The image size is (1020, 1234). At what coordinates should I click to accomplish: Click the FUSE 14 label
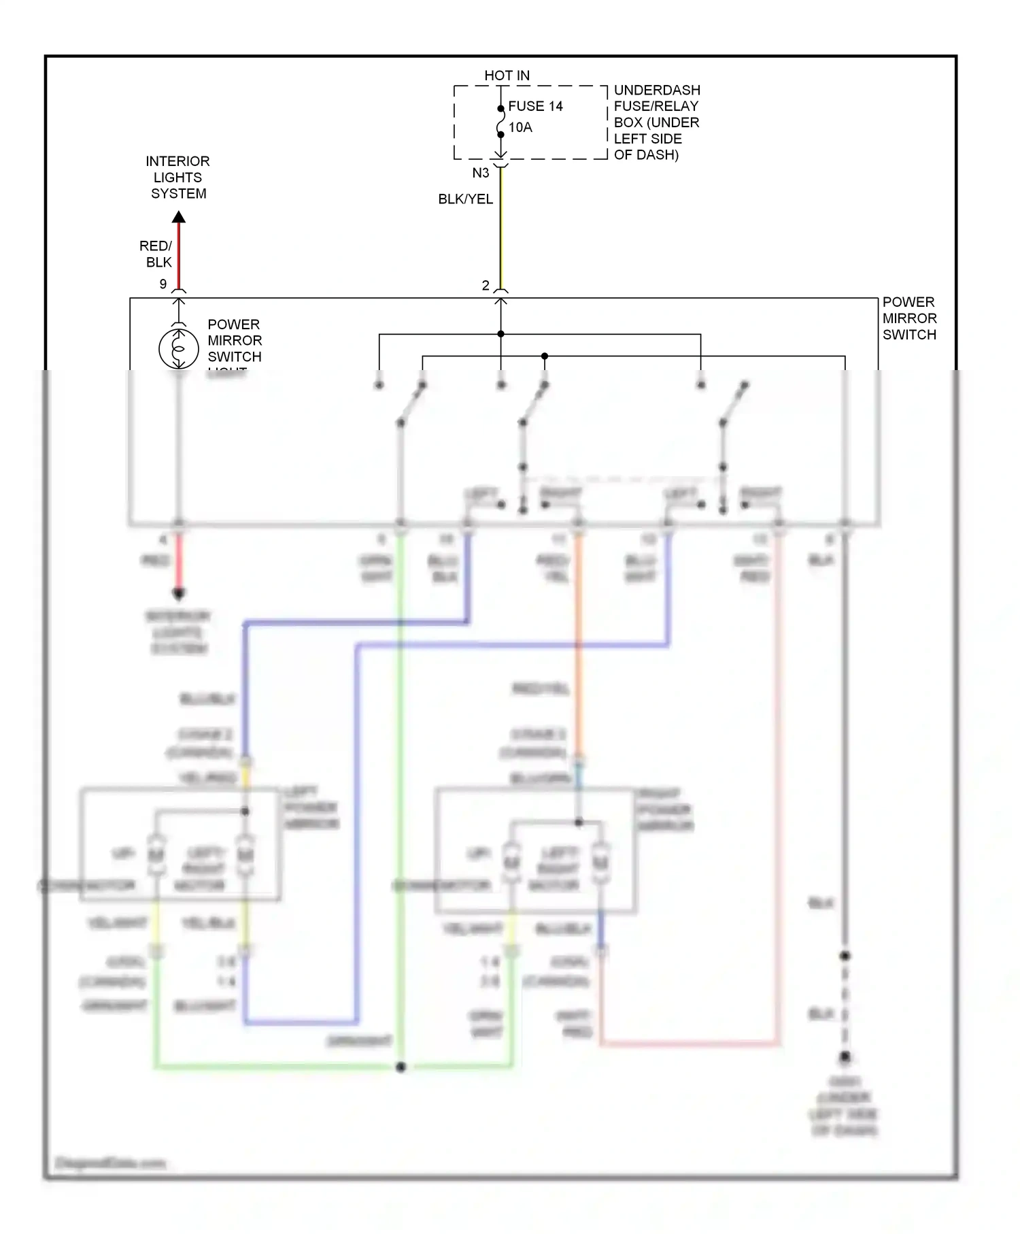(535, 106)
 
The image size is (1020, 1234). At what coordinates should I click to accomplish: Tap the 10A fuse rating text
(520, 127)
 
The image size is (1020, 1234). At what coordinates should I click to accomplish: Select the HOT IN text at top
(507, 76)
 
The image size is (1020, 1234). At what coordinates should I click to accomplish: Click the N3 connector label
(481, 173)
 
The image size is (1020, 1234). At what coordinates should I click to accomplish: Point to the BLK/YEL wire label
(465, 199)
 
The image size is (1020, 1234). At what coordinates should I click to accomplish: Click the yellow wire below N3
(501, 231)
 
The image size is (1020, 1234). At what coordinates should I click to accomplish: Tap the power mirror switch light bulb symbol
(178, 348)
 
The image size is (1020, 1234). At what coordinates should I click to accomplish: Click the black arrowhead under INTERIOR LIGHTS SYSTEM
(179, 218)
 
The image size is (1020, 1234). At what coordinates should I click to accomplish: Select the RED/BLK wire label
(156, 254)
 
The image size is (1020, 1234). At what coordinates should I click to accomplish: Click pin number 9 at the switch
(163, 284)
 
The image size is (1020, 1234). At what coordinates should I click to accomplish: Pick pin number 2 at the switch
(486, 285)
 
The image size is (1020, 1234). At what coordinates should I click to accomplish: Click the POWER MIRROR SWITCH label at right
(909, 318)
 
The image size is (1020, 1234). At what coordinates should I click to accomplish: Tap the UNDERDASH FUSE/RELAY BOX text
(656, 122)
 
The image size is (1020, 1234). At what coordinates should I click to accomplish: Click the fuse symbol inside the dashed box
(501, 122)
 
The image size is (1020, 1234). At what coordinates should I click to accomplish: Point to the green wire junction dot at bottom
(401, 1067)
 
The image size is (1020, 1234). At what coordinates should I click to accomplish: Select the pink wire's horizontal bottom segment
(690, 1043)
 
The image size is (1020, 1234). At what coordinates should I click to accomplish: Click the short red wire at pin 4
(179, 561)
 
